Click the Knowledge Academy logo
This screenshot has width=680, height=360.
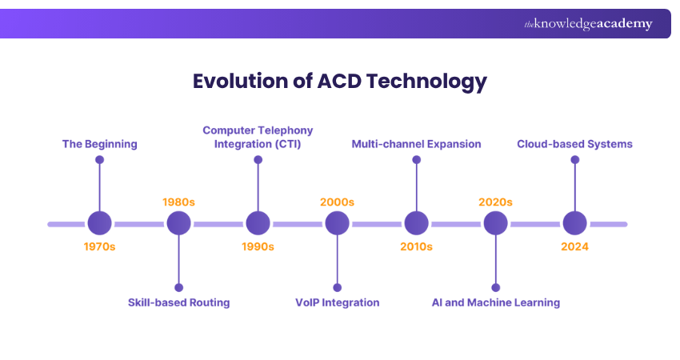tap(588, 24)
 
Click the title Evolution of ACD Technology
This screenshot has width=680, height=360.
tap(339, 82)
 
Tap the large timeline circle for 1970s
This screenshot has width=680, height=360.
tap(99, 224)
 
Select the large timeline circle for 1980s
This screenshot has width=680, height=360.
tap(178, 224)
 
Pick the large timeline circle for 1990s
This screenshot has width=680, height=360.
tap(258, 224)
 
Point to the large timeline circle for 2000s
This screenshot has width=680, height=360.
tap(337, 224)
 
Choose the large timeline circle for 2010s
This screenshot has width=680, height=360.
tap(416, 224)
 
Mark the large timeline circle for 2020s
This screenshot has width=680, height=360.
tap(495, 224)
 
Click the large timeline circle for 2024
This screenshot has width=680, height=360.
tap(574, 224)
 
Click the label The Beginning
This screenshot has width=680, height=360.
tap(100, 144)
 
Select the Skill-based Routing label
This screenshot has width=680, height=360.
tap(178, 302)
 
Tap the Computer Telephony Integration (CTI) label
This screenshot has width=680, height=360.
tap(258, 137)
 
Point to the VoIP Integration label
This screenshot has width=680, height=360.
tap(337, 302)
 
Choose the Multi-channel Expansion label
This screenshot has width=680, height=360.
tap(416, 144)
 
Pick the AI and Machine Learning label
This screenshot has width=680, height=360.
tap(495, 302)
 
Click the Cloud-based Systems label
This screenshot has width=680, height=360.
tap(574, 144)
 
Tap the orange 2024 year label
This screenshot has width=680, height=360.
tap(574, 246)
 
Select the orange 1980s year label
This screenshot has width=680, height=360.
tap(178, 202)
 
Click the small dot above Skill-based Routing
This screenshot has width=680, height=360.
tap(178, 287)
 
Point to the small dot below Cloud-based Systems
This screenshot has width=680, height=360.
tap(574, 160)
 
